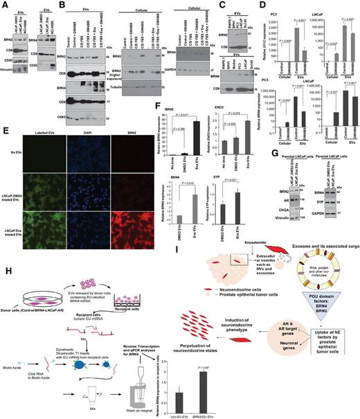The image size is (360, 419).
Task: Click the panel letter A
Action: [5, 4]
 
